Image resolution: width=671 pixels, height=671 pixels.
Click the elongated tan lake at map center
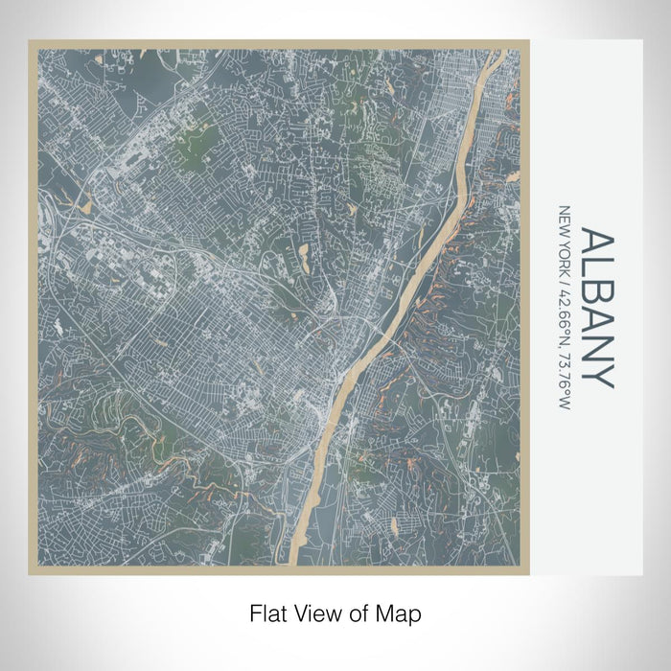click(x=304, y=255)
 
